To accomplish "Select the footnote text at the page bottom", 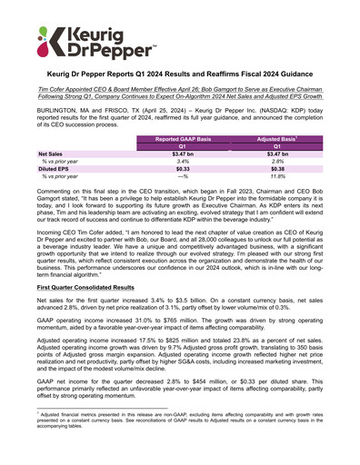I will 180,447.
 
